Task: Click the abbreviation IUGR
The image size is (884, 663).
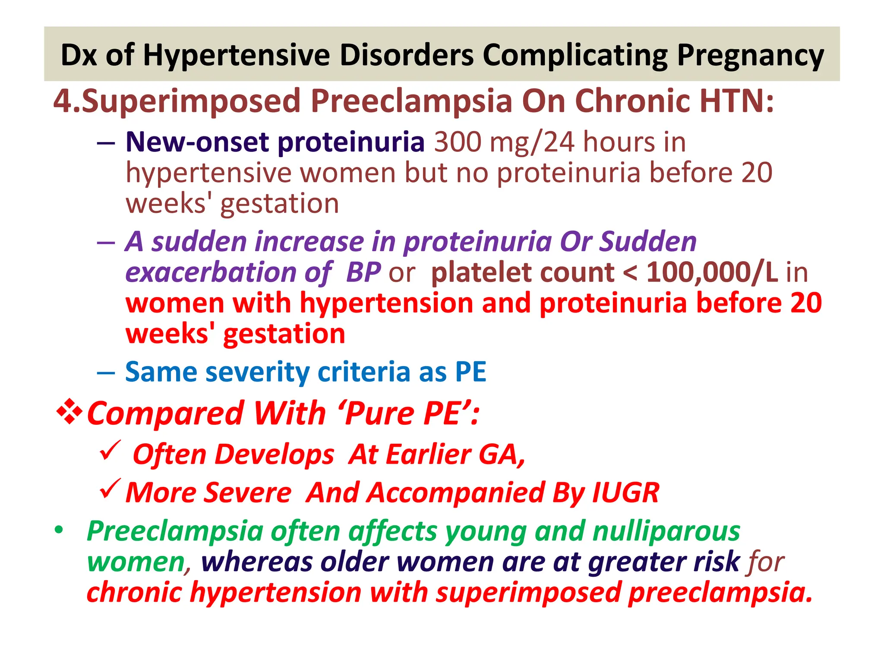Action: tap(625, 493)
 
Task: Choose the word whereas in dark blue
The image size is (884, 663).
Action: tap(257, 562)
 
